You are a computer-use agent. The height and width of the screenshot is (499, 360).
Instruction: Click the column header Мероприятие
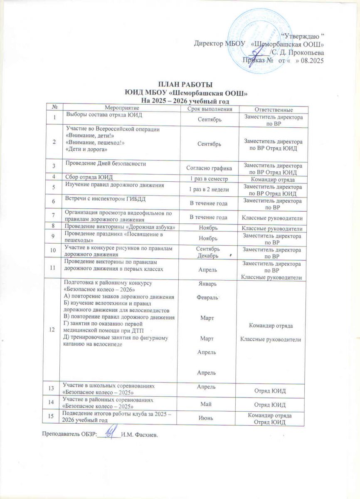(120, 109)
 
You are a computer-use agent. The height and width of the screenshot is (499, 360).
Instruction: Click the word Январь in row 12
(207, 284)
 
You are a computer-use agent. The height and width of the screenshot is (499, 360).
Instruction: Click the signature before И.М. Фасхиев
(110, 434)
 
